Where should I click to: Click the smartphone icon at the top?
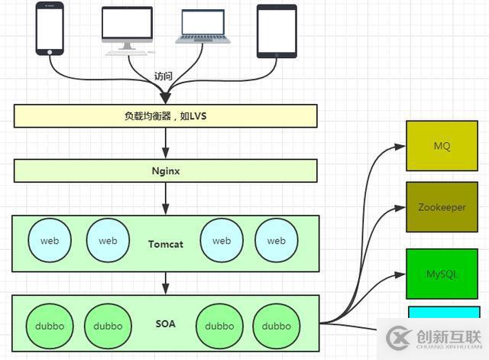(50, 28)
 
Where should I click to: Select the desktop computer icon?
(127, 30)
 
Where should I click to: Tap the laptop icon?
(202, 28)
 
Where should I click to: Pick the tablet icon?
(276, 31)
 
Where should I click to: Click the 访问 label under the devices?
(164, 76)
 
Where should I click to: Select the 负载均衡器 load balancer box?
(165, 116)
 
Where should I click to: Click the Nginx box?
(165, 170)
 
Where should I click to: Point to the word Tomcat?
(164, 244)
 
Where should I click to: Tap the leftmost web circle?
(50, 241)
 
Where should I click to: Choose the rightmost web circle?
(276, 241)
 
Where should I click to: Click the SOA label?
(164, 324)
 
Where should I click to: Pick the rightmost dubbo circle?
(276, 326)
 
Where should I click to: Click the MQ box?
(442, 145)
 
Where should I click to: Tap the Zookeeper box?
(442, 207)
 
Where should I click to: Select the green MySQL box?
(442, 273)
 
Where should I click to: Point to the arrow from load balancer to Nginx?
(165, 143)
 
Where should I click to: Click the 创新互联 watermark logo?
(436, 338)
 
